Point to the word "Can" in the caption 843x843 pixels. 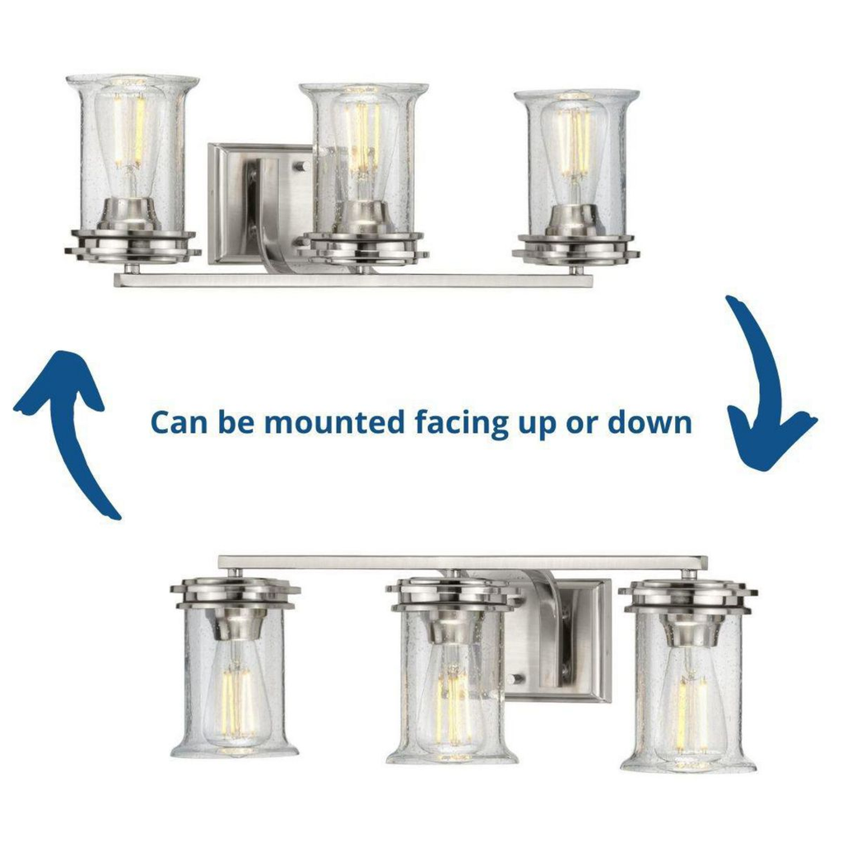pos(179,422)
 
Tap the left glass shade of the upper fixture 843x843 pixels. pos(133,153)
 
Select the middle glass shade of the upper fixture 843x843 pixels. pos(364,159)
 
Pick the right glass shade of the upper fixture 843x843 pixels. pos(576,162)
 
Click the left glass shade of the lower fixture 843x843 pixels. pos(235,682)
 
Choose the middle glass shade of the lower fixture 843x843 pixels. pos(452,688)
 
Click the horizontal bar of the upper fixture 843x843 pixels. pos(353,280)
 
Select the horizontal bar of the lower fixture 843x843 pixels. pos(463,562)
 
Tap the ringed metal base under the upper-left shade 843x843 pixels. pos(133,247)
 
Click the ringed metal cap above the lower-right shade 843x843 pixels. pos(688,596)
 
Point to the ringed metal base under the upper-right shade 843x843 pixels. pos(575,250)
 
